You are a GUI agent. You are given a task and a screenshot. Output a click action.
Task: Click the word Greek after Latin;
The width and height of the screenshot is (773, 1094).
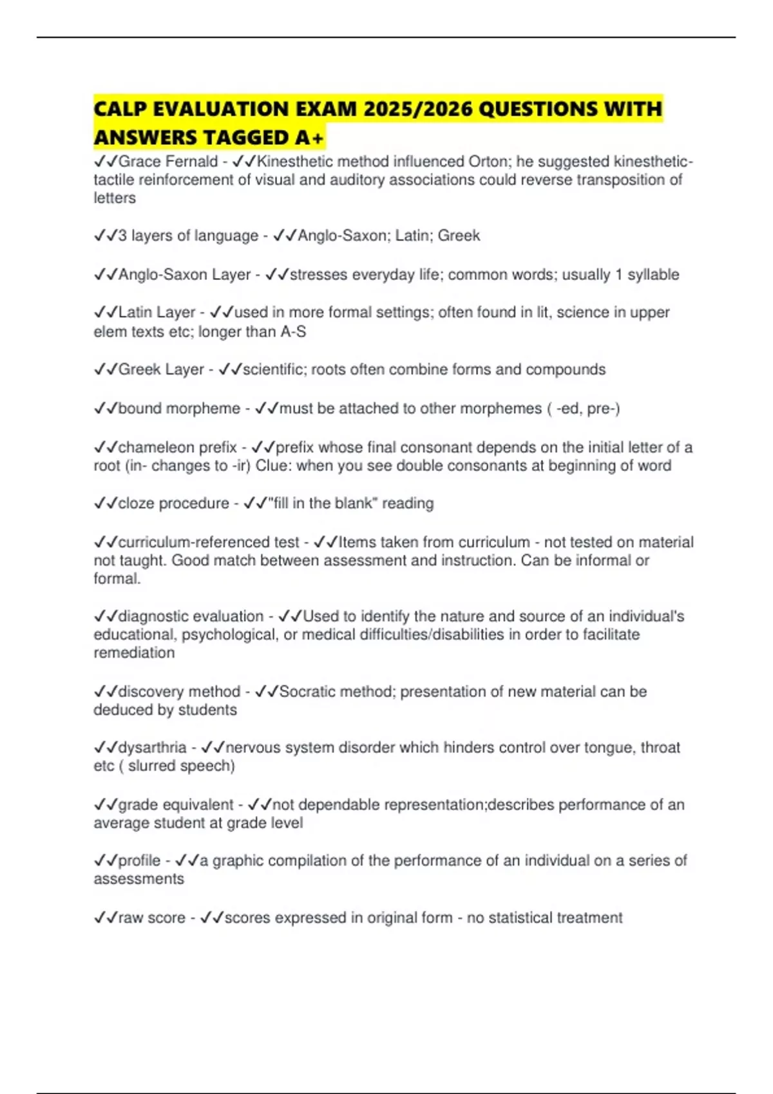point(459,236)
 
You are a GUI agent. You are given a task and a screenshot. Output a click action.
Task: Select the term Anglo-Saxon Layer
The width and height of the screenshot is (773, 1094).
point(184,275)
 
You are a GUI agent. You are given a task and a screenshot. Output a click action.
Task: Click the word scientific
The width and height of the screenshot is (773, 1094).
point(275,369)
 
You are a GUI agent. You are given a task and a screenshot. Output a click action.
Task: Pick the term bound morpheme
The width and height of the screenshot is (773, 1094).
point(179,409)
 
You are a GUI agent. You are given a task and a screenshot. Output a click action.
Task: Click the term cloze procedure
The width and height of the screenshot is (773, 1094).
point(173,503)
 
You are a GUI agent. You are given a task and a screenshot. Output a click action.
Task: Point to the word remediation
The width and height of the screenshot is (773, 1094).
point(134,653)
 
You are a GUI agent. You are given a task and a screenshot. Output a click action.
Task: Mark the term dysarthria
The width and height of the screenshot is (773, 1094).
point(152,748)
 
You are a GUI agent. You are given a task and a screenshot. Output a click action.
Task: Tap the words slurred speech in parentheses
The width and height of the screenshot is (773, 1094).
point(181,766)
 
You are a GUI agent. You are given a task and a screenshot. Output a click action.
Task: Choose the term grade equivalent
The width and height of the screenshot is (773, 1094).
point(176,805)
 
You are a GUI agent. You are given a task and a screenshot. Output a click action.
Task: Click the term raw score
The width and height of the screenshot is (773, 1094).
point(151,918)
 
